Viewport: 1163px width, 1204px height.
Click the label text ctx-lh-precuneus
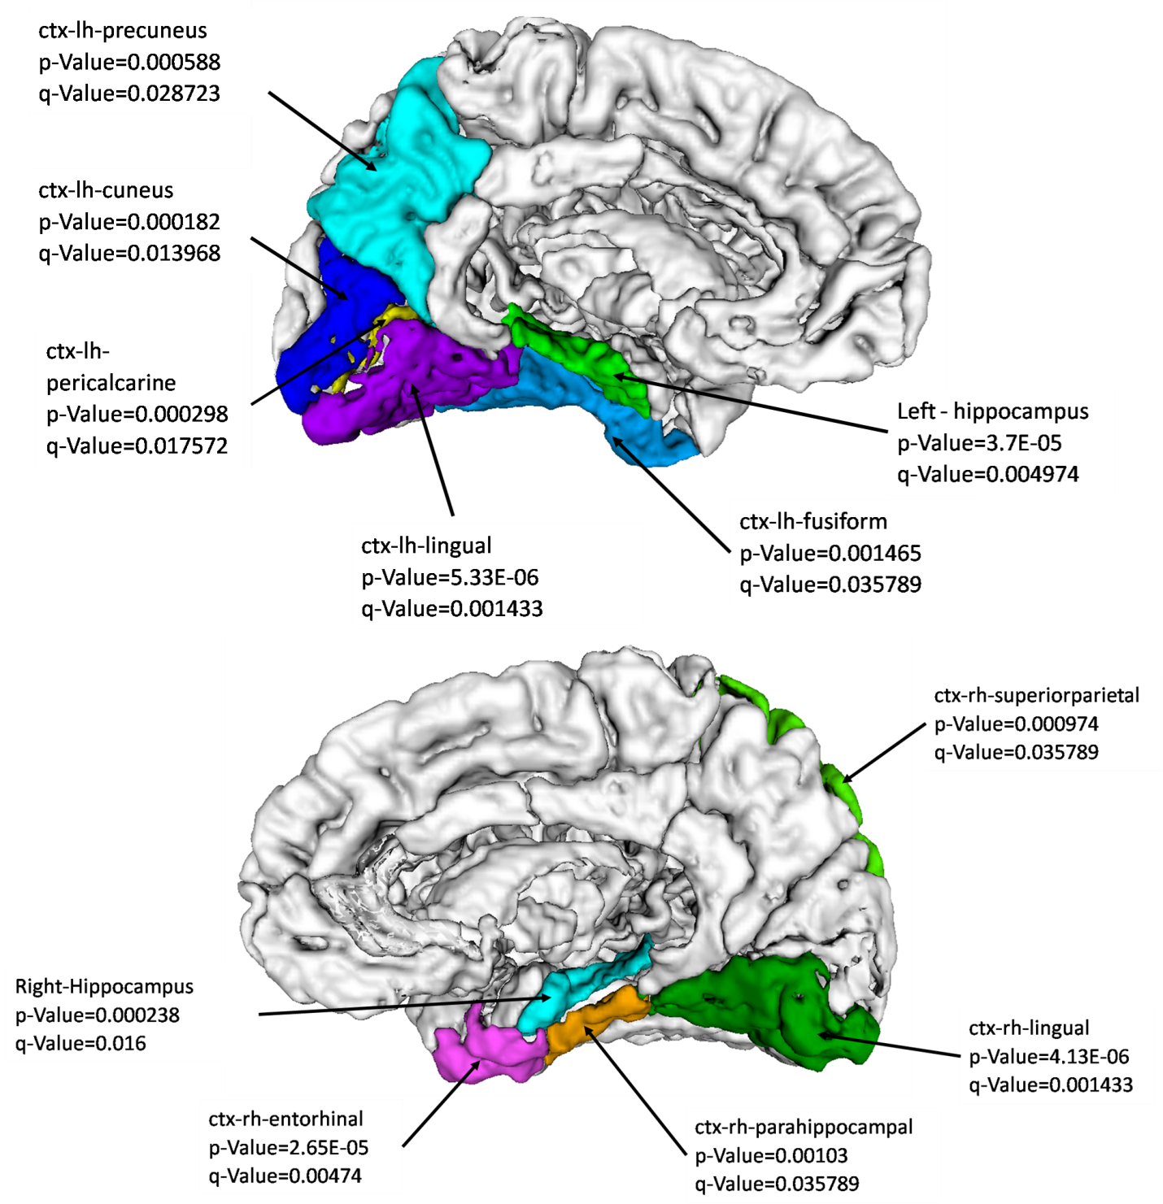pyautogui.click(x=122, y=31)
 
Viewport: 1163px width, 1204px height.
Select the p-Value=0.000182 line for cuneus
pyautogui.click(x=129, y=222)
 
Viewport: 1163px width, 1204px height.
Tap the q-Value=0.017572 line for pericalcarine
pyautogui.click(x=137, y=446)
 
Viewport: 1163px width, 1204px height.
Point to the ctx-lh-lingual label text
pyautogui.click(x=426, y=545)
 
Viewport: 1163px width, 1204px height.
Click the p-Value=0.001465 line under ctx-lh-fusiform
pyautogui.click(x=830, y=554)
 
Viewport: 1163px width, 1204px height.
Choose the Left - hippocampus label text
pyautogui.click(x=992, y=411)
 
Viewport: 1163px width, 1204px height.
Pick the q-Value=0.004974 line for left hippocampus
pyautogui.click(x=987, y=475)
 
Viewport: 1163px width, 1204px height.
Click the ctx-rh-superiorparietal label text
pyautogui.click(x=1036, y=696)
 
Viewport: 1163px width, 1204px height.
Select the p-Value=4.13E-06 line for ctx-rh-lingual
pyautogui.click(x=1048, y=1057)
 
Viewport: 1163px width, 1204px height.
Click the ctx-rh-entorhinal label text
pyautogui.click(x=285, y=1119)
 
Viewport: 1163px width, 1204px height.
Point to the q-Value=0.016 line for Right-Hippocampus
pyautogui.click(x=81, y=1044)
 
